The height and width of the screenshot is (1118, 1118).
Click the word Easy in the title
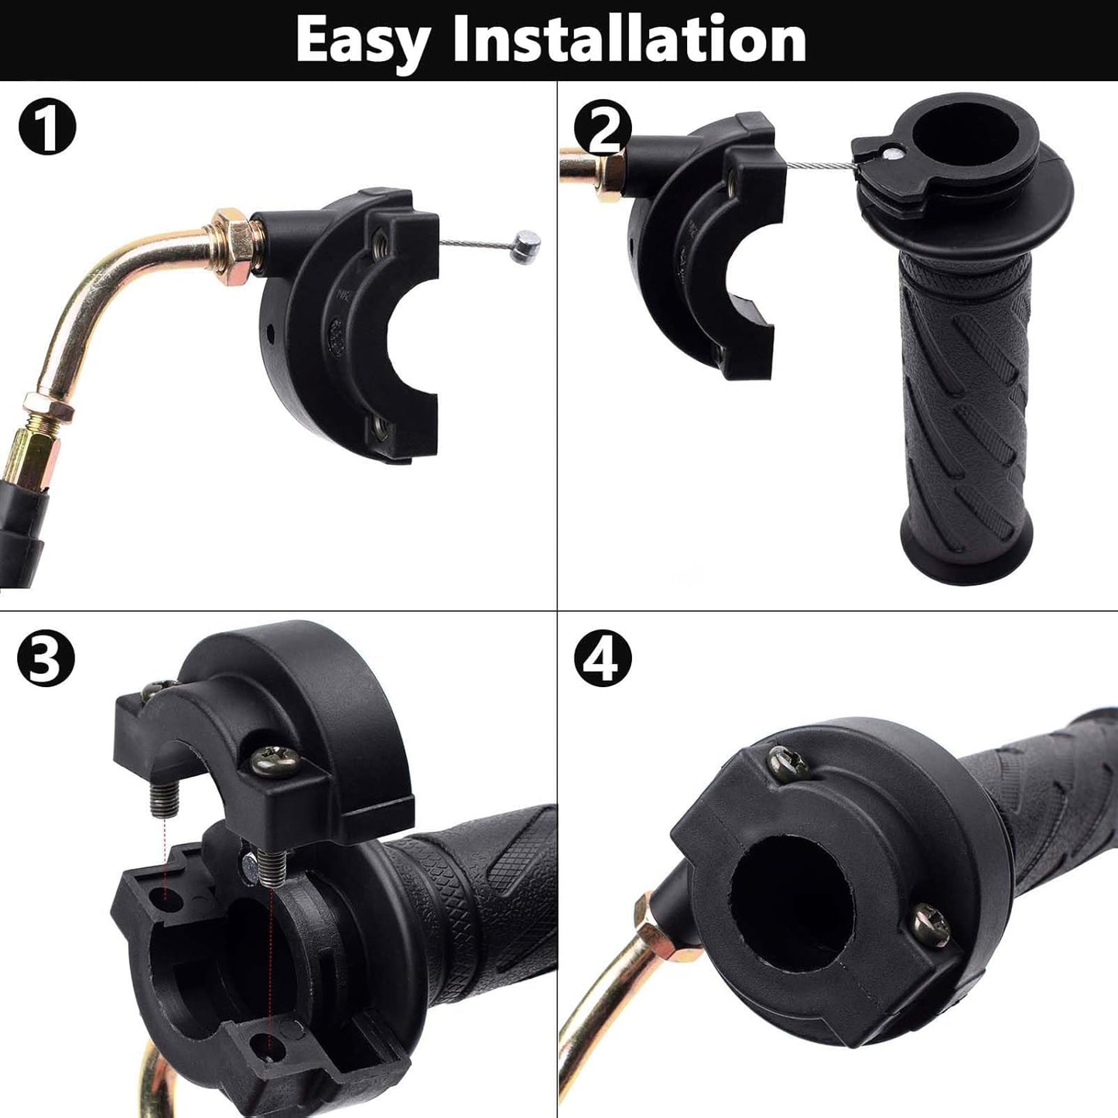tap(362, 40)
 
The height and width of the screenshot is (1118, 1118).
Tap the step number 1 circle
tap(47, 128)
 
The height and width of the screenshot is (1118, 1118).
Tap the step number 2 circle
tap(603, 128)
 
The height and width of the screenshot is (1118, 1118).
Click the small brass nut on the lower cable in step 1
tap(49, 407)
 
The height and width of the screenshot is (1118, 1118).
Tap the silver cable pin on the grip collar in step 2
tap(893, 153)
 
